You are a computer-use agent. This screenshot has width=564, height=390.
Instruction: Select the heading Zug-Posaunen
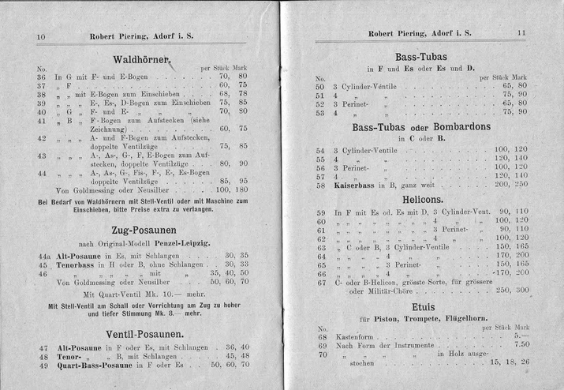pos(144,227)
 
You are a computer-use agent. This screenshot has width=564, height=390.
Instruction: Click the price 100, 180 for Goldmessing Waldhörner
pos(231,189)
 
